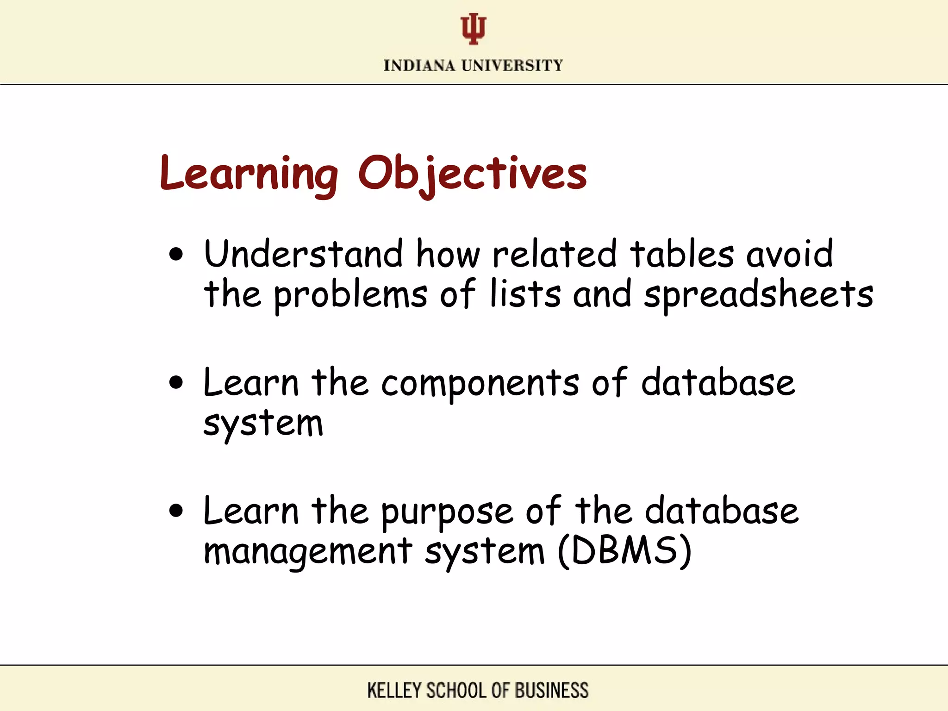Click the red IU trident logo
click(473, 29)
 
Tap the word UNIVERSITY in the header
click(512, 66)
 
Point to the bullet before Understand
click(176, 254)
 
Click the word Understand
click(304, 254)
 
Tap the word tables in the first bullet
click(682, 254)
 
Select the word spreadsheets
click(759, 294)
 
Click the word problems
click(350, 294)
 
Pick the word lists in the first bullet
click(525, 294)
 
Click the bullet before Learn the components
click(176, 383)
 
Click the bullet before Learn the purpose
click(176, 511)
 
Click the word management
click(308, 552)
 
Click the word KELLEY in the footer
click(394, 691)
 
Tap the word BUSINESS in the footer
click(552, 691)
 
